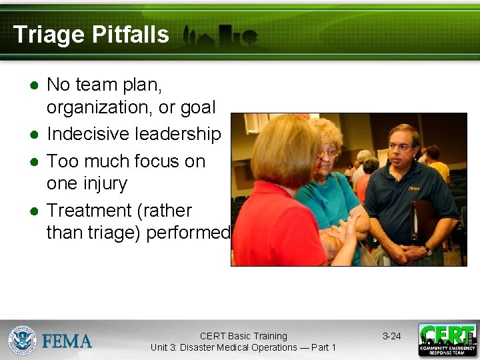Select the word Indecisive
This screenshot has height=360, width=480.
pos(89,134)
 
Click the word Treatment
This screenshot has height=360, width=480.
pos(89,211)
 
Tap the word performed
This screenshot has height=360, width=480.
pos(187,233)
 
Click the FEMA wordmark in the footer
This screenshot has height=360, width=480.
pos(67,341)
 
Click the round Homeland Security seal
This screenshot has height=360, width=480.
pos(22,340)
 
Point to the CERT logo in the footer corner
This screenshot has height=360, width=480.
pos(447,339)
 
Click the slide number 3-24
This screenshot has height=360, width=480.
pos(391,336)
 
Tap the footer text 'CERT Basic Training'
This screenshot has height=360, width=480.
pos(243,336)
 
